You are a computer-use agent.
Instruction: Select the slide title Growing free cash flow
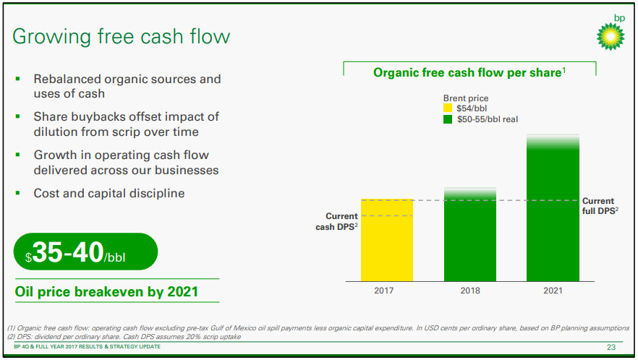(x=122, y=36)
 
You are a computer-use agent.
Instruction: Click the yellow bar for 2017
(x=387, y=240)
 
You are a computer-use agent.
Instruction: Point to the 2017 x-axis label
(x=387, y=291)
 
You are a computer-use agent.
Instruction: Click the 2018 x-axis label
(x=470, y=291)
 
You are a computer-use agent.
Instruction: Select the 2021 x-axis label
(x=553, y=291)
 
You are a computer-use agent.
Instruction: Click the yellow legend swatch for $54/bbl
(x=448, y=108)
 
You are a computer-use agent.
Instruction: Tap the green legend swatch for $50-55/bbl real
(x=448, y=119)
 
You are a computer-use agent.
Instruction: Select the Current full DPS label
(x=599, y=205)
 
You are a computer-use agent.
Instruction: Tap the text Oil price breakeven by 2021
(x=106, y=292)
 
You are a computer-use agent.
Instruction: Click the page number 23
(x=611, y=348)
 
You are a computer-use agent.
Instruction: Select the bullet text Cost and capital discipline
(x=109, y=193)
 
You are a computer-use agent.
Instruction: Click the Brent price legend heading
(x=465, y=98)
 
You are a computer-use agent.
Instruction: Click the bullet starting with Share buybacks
(x=126, y=124)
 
